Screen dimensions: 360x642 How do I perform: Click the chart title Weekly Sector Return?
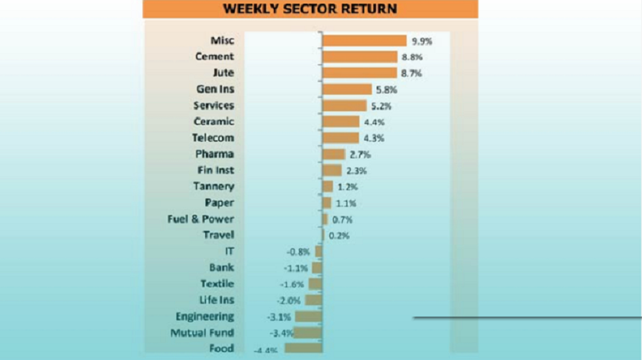pos(310,9)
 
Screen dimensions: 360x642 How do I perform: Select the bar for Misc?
pos(364,41)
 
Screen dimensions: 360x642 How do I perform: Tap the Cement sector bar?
pos(360,56)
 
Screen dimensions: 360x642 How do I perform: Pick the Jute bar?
pos(359,73)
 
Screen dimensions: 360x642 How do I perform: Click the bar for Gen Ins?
pos(347,89)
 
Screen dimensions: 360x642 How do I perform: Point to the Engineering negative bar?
pos(308,317)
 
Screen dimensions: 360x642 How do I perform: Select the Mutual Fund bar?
pos(307,333)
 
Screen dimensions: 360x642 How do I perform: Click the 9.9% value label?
pos(422,41)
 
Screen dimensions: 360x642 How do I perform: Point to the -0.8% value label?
pos(298,252)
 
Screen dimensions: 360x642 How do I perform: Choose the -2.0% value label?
pos(290,300)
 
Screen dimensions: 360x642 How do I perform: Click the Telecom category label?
pos(213,138)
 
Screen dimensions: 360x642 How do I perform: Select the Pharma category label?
pos(214,154)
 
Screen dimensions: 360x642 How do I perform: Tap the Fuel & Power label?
pos(200,219)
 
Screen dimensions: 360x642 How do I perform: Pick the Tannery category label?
pos(213,186)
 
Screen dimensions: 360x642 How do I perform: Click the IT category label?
pos(229,251)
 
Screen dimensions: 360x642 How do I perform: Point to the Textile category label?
pos(217,284)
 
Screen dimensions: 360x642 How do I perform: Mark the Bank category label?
pos(221,267)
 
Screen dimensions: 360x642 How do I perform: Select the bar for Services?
pos(344,106)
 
